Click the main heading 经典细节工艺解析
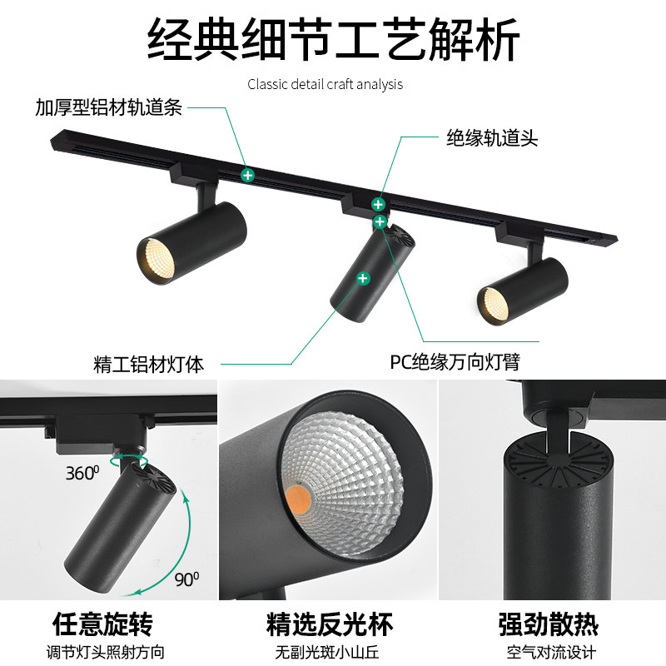pos(333,40)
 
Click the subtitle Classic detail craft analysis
pos(325,84)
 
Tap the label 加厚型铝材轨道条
pos(108,108)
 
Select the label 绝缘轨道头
pos(492,137)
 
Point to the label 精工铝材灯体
pos(149,364)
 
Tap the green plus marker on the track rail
pos(247,175)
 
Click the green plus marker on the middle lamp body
pos(363,278)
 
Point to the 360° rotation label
pos(83,474)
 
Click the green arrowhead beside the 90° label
pos(134,592)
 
